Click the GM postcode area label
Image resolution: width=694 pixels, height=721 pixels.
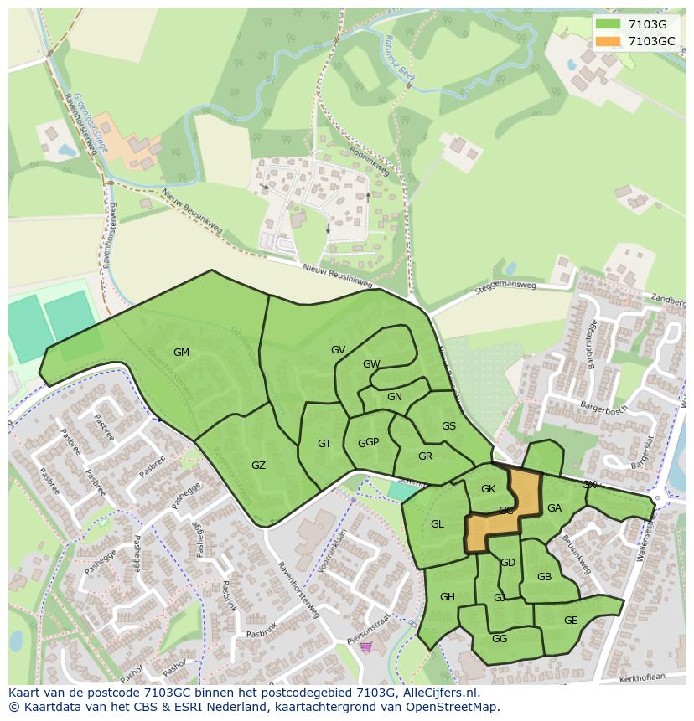181,353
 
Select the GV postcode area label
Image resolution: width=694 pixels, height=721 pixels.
338,350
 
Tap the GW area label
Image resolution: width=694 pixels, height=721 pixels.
371,364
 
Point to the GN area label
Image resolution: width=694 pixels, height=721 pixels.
395,397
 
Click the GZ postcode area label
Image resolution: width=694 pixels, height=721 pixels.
258,466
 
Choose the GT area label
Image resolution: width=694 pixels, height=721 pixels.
324,444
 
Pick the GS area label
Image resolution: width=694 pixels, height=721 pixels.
448,426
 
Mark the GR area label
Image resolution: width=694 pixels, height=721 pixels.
425,456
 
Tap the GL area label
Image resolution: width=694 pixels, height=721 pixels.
437,524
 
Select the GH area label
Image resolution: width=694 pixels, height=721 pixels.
447,597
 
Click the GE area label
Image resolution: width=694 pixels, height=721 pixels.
571,621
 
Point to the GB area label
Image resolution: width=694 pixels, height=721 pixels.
544,577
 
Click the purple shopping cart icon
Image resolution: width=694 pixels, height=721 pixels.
365,646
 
